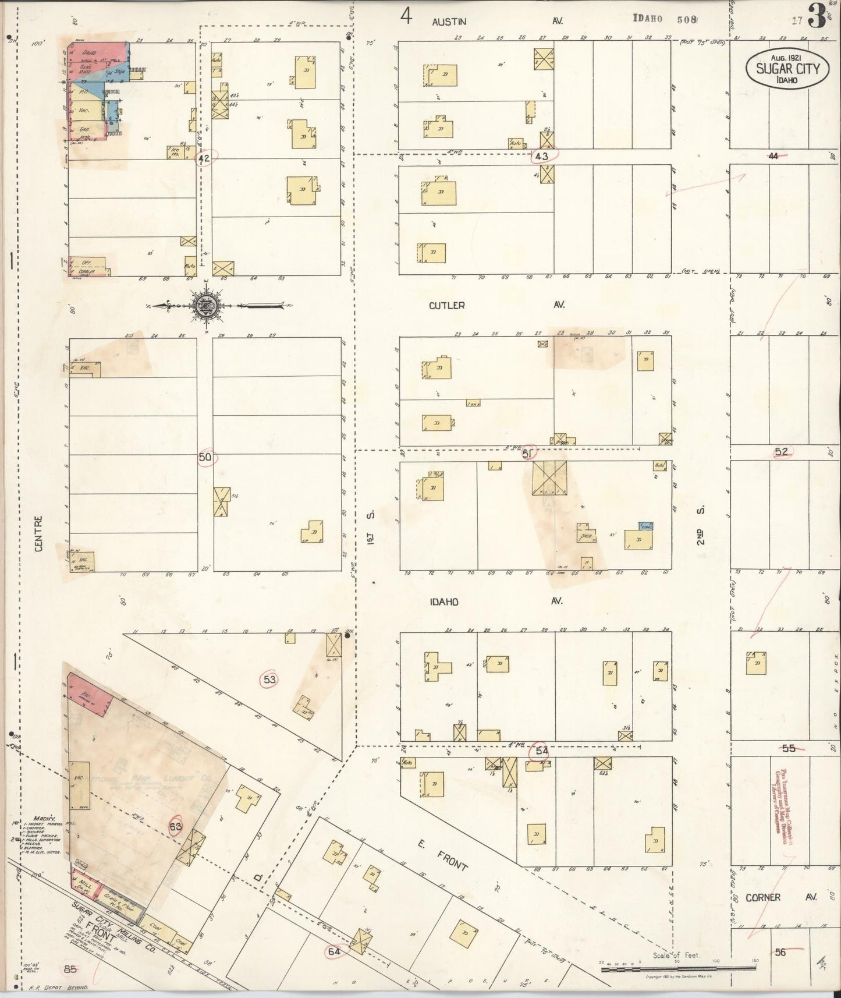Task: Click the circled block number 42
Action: click(x=204, y=158)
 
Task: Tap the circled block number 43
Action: click(x=542, y=156)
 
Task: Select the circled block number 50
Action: click(x=205, y=458)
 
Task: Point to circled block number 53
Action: click(x=269, y=679)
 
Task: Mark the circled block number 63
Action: click(x=176, y=825)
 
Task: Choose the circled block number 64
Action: click(x=334, y=951)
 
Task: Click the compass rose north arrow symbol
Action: click(x=205, y=305)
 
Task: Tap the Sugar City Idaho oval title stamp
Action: click(x=787, y=69)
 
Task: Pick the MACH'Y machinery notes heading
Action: click(x=28, y=802)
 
